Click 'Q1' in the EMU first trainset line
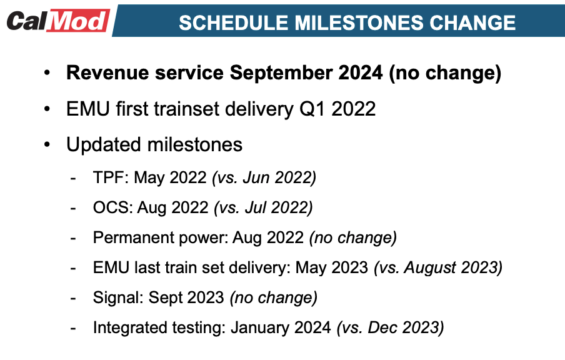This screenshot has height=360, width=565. click(x=310, y=109)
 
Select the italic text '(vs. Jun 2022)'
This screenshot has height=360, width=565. click(x=264, y=177)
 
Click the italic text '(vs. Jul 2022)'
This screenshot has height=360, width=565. click(x=262, y=207)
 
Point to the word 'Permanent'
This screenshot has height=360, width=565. click(x=127, y=237)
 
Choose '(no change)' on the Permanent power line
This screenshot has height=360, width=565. click(x=353, y=237)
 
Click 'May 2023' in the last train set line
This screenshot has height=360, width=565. click(x=332, y=267)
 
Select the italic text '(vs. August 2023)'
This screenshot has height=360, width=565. click(x=438, y=267)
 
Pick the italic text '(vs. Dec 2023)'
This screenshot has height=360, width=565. click(x=391, y=327)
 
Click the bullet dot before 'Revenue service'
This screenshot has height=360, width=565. click(x=48, y=74)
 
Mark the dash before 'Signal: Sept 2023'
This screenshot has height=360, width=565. click(x=74, y=298)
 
